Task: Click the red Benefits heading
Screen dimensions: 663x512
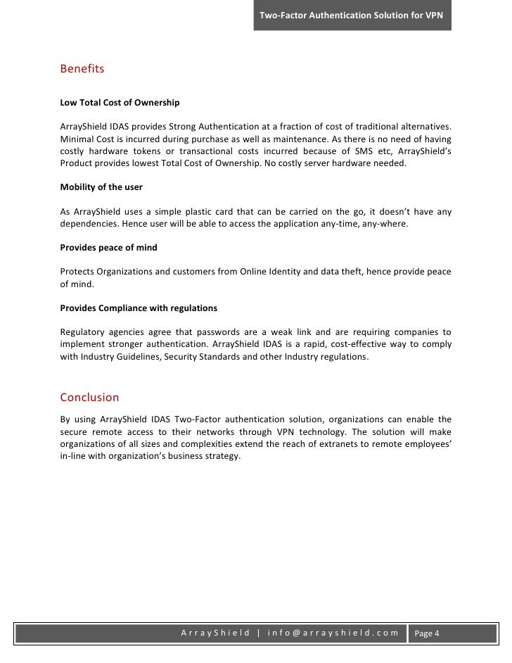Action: [82, 70]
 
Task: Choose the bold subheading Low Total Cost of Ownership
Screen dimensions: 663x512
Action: [120, 103]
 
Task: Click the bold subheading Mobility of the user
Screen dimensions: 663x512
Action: [101, 189]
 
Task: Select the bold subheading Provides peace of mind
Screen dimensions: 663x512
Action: [108, 248]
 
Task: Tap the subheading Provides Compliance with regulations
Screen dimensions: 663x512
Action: [139, 308]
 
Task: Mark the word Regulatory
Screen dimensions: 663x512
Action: [84, 331]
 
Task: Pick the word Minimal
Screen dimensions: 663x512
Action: [77, 139]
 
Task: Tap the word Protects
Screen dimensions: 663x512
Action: [79, 272]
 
